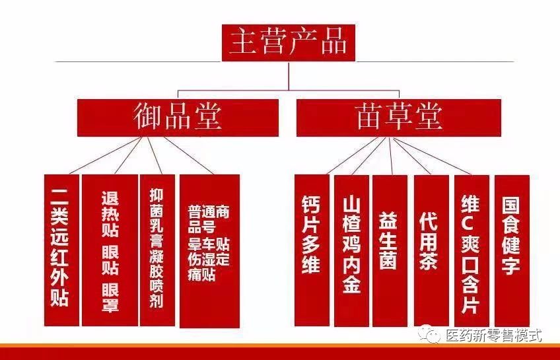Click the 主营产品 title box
[x=288, y=42]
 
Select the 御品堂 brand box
[x=177, y=118]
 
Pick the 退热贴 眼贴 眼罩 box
[x=109, y=250]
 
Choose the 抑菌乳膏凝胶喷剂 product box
[x=157, y=250]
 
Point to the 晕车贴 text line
[x=209, y=243]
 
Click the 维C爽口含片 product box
[x=472, y=250]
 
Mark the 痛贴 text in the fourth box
[x=201, y=275]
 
